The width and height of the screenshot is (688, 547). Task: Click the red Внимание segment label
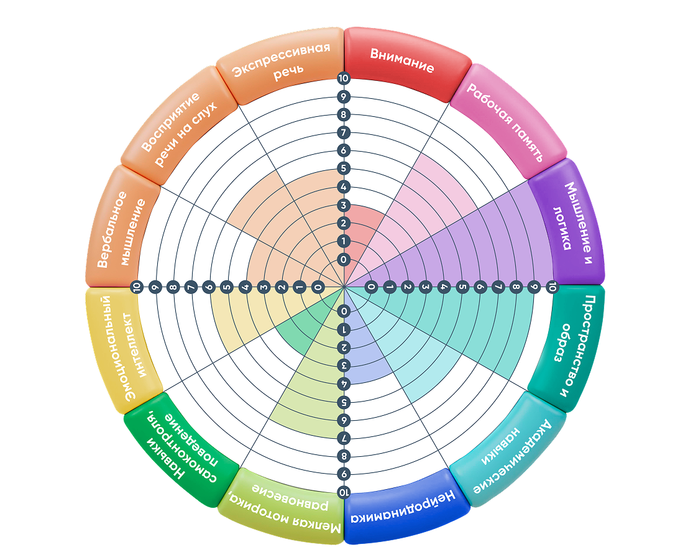coord(402,60)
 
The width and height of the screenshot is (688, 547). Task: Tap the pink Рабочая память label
coord(505,122)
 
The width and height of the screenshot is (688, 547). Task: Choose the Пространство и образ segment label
coord(571,347)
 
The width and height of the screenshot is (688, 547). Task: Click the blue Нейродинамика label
coord(403,508)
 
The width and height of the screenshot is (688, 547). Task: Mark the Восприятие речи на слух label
coord(178,128)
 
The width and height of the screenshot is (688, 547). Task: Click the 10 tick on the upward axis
coord(343,78)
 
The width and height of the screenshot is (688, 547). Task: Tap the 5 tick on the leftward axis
coord(227,288)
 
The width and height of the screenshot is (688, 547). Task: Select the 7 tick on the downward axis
coord(344,438)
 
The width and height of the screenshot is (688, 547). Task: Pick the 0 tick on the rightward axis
coord(371,288)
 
